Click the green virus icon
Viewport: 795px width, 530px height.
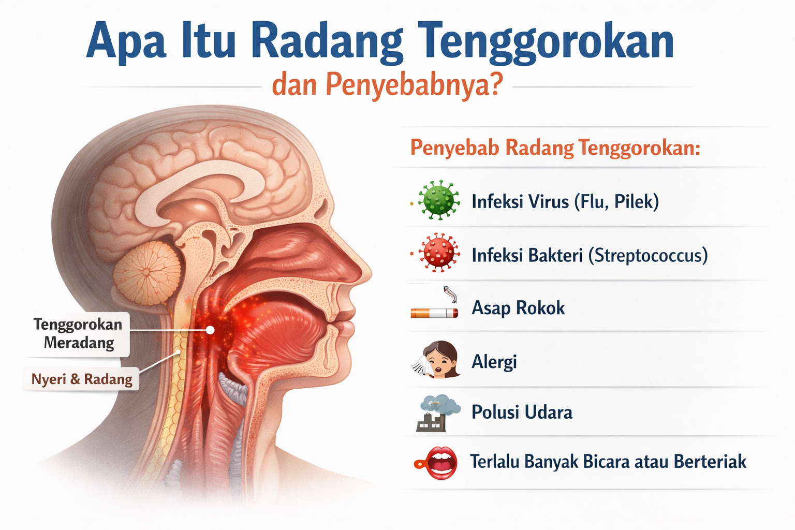(x=438, y=200)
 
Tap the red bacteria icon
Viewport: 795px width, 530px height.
(x=438, y=253)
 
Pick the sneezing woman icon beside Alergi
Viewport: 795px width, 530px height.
(x=437, y=360)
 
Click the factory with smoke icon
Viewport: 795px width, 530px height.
(x=437, y=413)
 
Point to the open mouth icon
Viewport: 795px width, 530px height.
(x=439, y=462)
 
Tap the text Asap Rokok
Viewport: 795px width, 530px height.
(x=518, y=308)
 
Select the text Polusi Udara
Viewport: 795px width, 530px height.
(x=522, y=413)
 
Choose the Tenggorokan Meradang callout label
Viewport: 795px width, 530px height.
(x=78, y=333)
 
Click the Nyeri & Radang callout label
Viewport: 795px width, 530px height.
(x=82, y=379)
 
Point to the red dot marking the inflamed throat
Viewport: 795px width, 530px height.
(x=210, y=330)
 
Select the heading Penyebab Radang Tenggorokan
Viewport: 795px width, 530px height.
(x=555, y=148)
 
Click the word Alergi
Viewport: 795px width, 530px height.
(x=494, y=362)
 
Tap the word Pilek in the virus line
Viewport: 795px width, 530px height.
(x=636, y=201)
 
